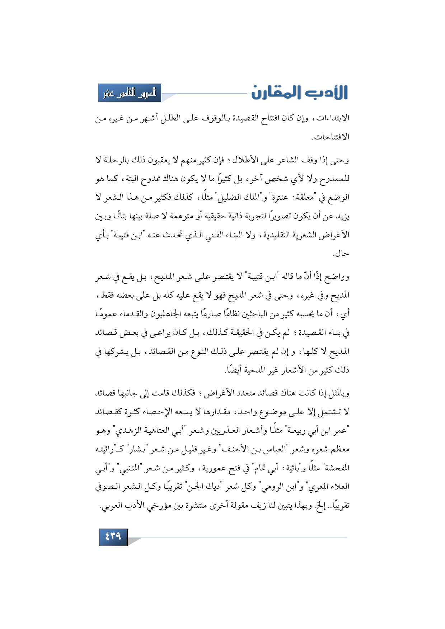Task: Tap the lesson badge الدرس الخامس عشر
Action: pos(130,93)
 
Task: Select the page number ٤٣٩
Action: pos(113,536)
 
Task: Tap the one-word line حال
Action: pos(341,254)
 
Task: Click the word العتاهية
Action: pos(157,430)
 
